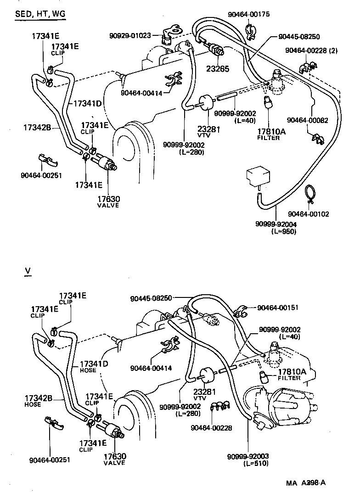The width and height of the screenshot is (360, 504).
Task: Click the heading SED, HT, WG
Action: coord(40,14)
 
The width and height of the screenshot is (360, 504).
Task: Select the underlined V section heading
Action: coord(28,272)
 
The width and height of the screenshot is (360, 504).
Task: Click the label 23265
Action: coord(218,69)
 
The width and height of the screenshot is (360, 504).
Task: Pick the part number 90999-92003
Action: coord(248,456)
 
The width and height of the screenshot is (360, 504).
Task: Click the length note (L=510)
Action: coord(256,463)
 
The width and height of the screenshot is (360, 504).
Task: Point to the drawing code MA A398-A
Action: coord(307,483)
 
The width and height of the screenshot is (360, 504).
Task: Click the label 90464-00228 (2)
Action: coord(311,50)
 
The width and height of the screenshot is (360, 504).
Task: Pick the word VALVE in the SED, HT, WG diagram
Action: coord(108,205)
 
